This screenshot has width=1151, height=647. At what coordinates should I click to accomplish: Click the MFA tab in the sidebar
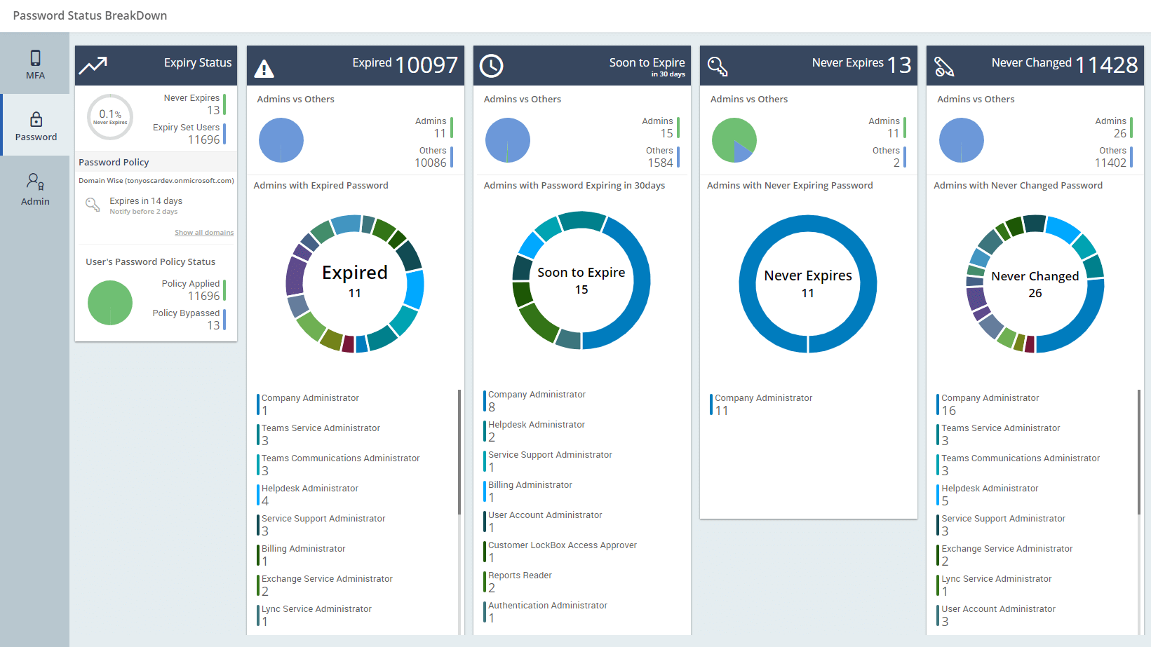pos(35,64)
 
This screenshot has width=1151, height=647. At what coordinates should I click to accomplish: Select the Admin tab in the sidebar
pos(35,189)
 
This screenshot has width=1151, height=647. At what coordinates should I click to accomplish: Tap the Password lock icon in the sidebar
pos(36,119)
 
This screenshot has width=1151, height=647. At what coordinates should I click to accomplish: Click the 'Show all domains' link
pos(204,233)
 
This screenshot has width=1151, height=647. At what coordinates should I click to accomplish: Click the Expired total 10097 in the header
pos(426,65)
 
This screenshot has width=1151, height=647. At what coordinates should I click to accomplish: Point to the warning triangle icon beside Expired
pos(264,68)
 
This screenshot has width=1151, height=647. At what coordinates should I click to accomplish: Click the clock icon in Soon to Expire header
pos(491,66)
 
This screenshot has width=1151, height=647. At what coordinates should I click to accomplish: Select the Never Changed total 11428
pos(1106,65)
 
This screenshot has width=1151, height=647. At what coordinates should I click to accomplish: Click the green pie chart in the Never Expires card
pos(734,140)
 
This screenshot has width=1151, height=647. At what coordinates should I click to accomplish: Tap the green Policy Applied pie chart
pos(110,303)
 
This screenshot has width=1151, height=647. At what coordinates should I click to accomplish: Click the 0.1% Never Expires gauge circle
pos(110,117)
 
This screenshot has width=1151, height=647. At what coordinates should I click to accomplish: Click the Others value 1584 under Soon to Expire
pos(660,163)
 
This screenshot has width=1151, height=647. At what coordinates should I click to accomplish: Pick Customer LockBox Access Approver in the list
pos(562,545)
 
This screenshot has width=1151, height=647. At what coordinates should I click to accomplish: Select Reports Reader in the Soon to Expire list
pos(520,576)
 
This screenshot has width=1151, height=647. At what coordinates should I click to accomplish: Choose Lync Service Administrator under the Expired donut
pos(316,609)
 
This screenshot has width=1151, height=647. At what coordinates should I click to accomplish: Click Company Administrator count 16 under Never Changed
pos(948,411)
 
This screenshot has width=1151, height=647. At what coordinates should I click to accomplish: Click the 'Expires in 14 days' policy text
pos(146,201)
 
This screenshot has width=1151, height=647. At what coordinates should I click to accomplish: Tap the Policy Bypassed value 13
pos(213,325)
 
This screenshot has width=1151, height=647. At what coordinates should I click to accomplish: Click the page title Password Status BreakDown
pos(90,15)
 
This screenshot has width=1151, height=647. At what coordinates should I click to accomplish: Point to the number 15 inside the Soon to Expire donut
pos(581,290)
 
